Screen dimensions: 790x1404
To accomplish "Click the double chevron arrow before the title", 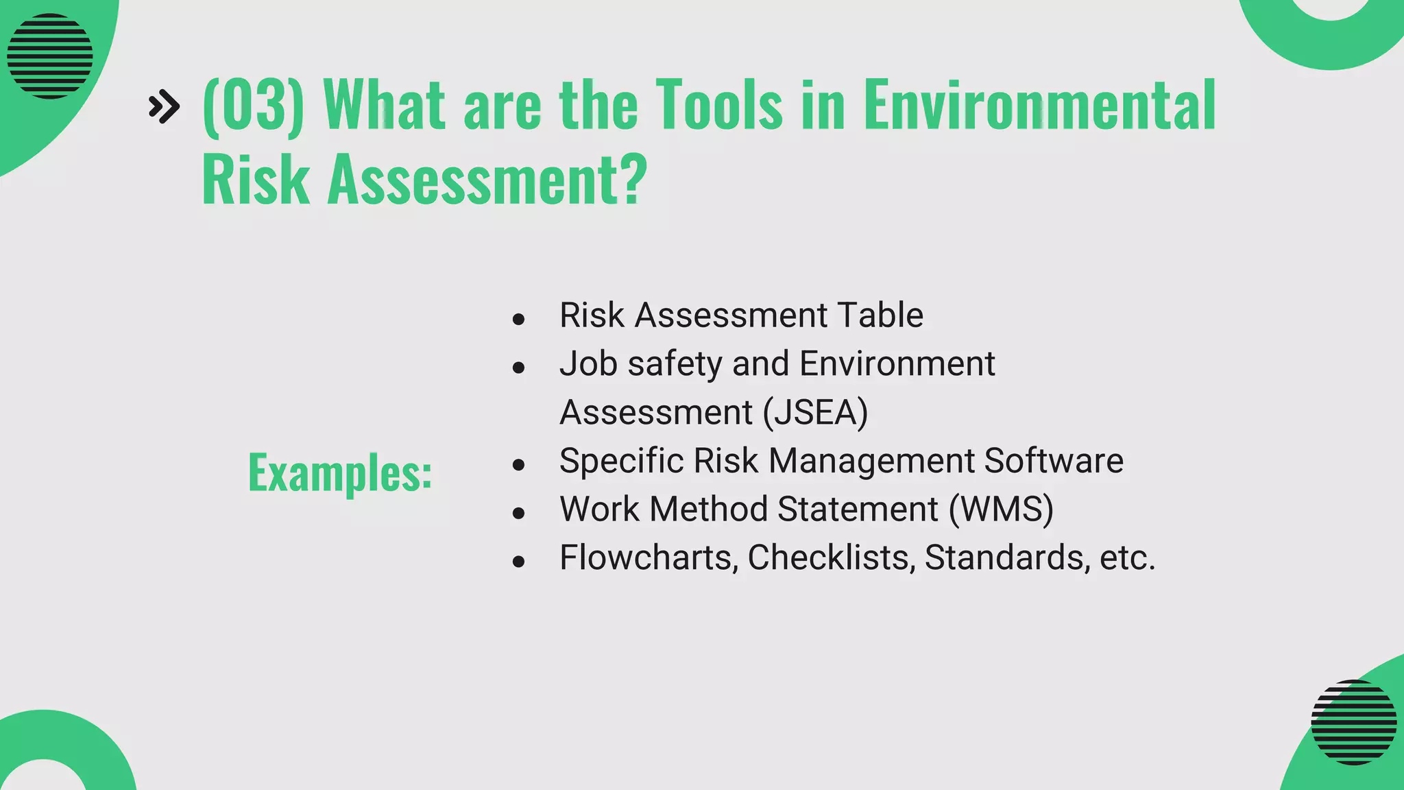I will point(164,106).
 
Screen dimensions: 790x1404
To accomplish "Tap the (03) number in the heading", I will point(253,105).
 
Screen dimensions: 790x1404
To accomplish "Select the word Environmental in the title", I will point(1039,105).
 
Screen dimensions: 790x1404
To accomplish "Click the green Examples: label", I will point(340,473).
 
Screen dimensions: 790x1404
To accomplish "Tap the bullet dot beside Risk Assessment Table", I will point(518,319).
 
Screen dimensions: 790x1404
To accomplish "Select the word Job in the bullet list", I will point(588,363).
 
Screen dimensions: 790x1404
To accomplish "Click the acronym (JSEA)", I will point(815,412).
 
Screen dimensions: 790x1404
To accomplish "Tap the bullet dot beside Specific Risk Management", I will point(518,465).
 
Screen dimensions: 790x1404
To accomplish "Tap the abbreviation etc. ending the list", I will point(1127,557).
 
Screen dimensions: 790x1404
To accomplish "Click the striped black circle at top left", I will point(49,56).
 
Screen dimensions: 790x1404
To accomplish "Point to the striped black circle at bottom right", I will point(1353,721).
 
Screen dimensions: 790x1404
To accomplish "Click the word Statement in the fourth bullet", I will point(858,509).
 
